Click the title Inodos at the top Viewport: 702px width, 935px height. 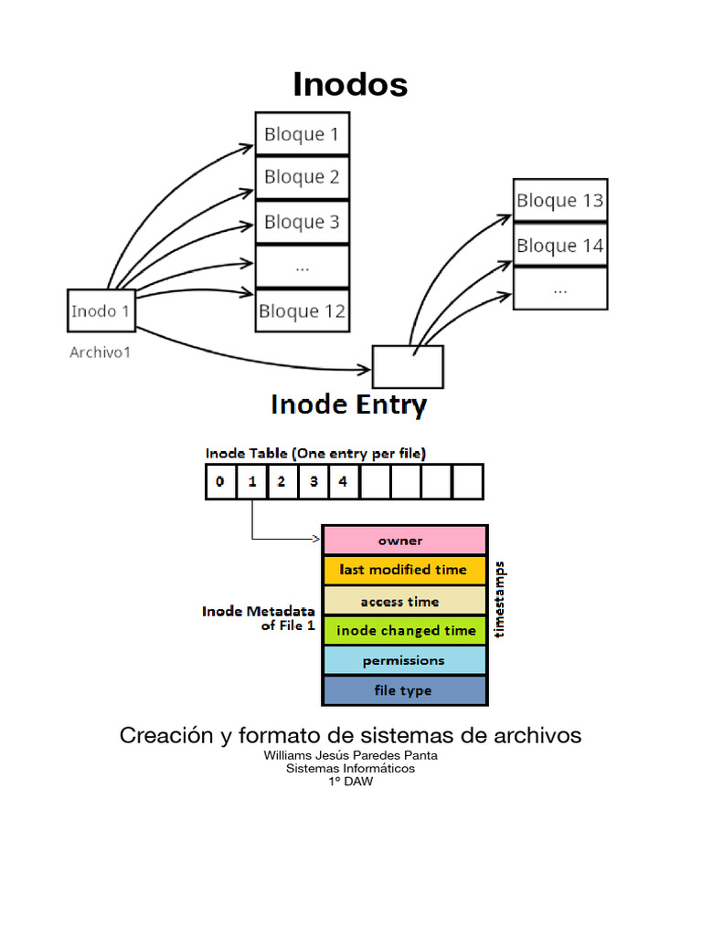(350, 84)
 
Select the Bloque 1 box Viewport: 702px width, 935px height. (302, 134)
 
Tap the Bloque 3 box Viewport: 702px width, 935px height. (302, 222)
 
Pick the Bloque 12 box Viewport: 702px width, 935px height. (302, 311)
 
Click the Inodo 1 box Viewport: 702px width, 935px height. (101, 311)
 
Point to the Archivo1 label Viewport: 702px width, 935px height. (100, 352)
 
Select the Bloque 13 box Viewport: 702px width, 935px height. (559, 201)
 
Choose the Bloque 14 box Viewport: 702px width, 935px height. (559, 246)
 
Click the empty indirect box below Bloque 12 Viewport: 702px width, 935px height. (408, 367)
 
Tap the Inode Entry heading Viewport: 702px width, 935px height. (348, 404)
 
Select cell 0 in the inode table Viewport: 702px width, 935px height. (220, 481)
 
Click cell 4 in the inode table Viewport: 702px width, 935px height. (343, 481)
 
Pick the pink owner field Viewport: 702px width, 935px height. (403, 541)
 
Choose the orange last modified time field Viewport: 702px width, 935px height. (403, 570)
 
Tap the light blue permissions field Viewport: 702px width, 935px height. (403, 660)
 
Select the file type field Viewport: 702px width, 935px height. (403, 690)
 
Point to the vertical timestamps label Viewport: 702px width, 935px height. (499, 599)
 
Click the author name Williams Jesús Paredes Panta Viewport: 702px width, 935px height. (350, 755)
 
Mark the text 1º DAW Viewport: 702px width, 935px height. (350, 781)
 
